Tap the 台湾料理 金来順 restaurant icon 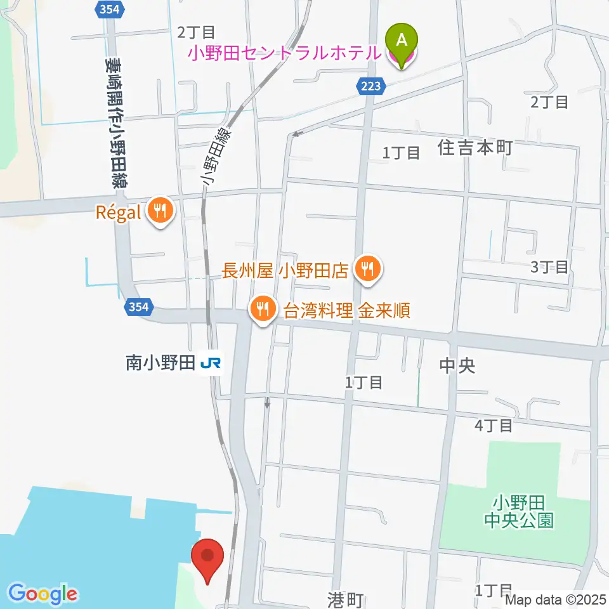pos(261,310)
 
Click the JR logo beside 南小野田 pos(211,363)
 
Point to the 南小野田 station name pos(159,363)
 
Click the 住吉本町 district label pos(475,148)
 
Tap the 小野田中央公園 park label pos(518,512)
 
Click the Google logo pos(43,594)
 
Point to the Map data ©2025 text pos(556,599)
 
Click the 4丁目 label pos(494,425)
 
